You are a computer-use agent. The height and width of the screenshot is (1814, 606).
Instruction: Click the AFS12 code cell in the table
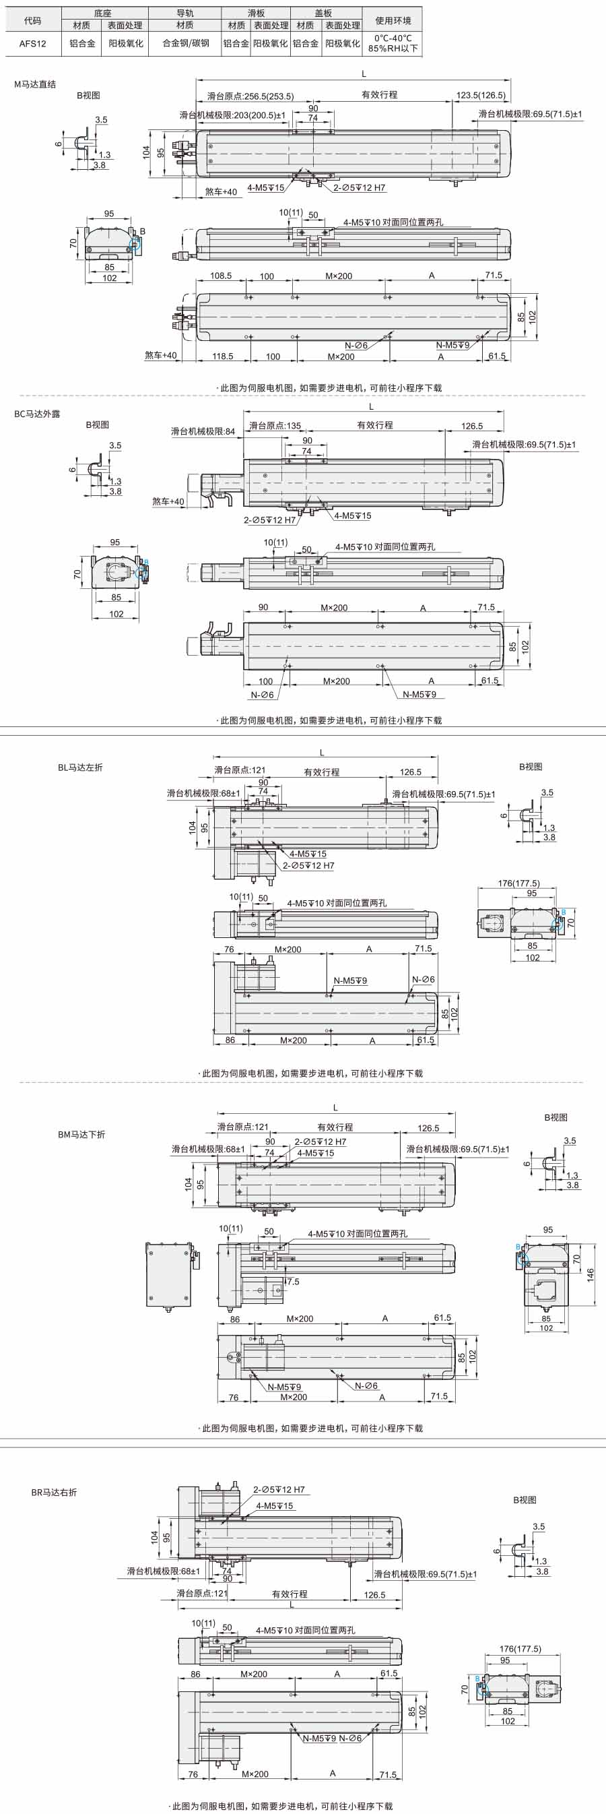32,43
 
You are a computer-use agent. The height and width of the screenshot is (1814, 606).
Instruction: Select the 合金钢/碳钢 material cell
185,43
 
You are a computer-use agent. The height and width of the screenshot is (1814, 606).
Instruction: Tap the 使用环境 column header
393,20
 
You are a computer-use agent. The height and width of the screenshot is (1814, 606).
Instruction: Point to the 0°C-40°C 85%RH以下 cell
393,44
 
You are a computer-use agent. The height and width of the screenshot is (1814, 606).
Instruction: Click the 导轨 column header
185,13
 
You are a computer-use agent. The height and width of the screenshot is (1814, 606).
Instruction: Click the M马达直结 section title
35,84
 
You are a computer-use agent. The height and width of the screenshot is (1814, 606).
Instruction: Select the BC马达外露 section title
37,414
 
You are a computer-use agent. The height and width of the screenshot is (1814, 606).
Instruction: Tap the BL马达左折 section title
80,767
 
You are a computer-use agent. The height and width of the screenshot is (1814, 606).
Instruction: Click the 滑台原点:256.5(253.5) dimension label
250,96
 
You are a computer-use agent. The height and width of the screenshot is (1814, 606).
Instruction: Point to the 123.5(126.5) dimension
481,96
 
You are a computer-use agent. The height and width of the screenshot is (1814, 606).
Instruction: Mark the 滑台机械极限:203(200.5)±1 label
232,115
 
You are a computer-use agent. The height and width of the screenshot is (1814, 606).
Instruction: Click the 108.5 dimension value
221,276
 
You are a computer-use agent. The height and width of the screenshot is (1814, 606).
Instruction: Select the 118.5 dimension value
222,356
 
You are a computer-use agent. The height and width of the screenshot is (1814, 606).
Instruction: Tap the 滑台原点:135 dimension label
275,426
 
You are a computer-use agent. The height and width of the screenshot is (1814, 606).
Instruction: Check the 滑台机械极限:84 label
203,432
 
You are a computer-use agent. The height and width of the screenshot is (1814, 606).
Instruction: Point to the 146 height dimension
591,1275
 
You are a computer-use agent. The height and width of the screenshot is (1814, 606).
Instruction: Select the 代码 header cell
32,20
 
